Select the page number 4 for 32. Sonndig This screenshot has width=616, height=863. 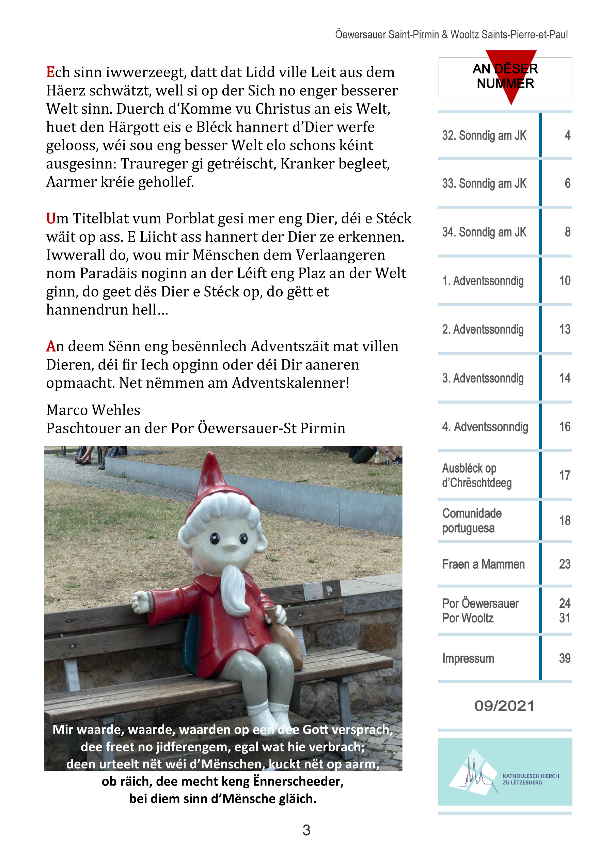pyautogui.click(x=567, y=135)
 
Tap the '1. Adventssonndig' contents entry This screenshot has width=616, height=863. pyautogui.click(x=483, y=281)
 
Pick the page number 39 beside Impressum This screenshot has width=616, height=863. pyautogui.click(x=565, y=658)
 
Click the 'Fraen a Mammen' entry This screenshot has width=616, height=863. pyautogui.click(x=483, y=564)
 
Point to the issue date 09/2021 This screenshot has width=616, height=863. pyautogui.click(x=504, y=706)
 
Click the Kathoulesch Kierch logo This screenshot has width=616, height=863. pyautogui.click(x=505, y=772)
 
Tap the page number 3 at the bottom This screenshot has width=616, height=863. pyautogui.click(x=306, y=830)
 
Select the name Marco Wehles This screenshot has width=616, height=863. pyautogui.click(x=93, y=410)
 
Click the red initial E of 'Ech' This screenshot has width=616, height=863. pyautogui.click(x=50, y=72)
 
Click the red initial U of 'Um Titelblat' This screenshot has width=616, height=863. pyautogui.click(x=51, y=219)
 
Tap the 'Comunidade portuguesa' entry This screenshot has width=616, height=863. pyautogui.click(x=472, y=521)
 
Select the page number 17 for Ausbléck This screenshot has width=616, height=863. pyautogui.click(x=565, y=475)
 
